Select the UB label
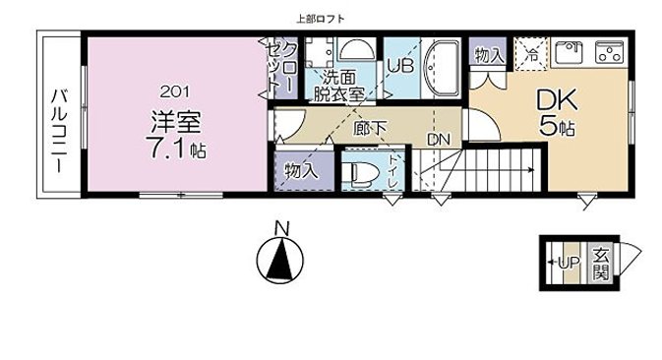pyautogui.click(x=399, y=66)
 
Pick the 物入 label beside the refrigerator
pyautogui.click(x=489, y=57)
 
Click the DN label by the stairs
pyautogui.click(x=438, y=141)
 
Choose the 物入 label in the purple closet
pyautogui.click(x=302, y=170)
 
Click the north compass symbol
pyautogui.click(x=280, y=259)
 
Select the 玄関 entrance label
pyautogui.click(x=599, y=264)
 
